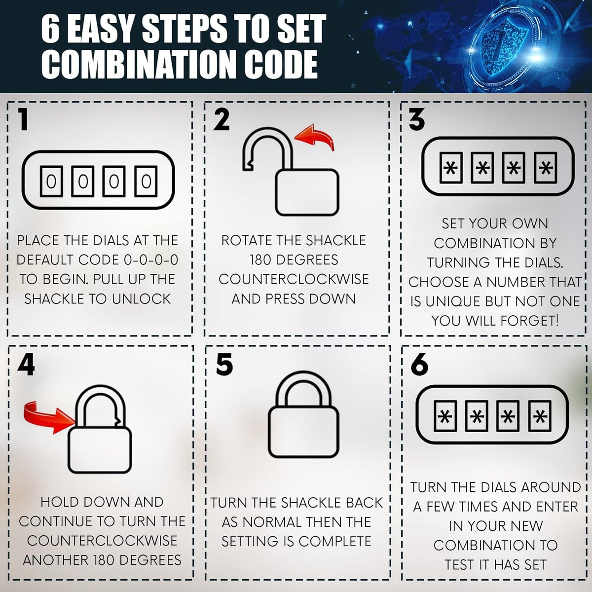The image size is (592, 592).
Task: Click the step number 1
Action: point(23,118)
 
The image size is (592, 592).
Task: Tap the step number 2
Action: point(222,119)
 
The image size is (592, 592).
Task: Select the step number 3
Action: point(417,119)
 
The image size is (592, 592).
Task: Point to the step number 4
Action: point(26,365)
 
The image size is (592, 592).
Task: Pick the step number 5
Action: point(224,365)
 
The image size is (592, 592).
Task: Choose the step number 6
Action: point(419,365)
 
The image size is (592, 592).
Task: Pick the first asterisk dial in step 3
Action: point(451,168)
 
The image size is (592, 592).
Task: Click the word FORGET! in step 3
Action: point(529,321)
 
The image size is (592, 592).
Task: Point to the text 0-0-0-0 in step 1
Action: point(151,260)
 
